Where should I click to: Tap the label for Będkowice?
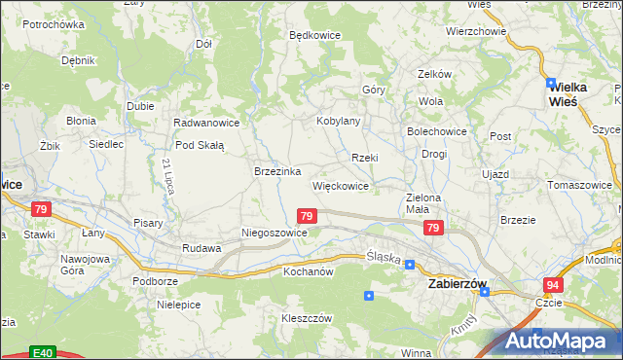pyautogui.click(x=314, y=35)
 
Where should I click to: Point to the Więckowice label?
pyautogui.click(x=340, y=185)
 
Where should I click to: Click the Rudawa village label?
pyautogui.click(x=202, y=248)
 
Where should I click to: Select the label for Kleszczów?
pyautogui.click(x=308, y=318)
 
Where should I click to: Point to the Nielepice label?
pyautogui.click(x=178, y=305)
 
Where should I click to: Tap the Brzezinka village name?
pyautogui.click(x=276, y=171)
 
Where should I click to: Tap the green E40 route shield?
pyautogui.click(x=41, y=352)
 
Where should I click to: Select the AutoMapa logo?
pyautogui.click(x=561, y=341)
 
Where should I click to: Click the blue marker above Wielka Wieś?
pyautogui.click(x=551, y=84)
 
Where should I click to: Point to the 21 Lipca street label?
pyautogui.click(x=168, y=174)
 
